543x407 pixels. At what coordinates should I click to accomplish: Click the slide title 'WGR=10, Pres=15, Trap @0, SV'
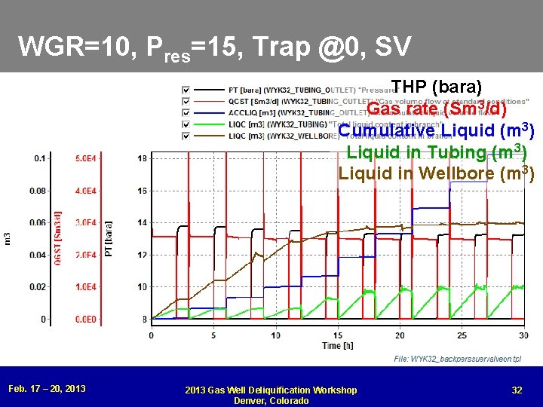215,47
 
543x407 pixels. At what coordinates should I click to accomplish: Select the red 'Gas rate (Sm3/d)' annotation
436,109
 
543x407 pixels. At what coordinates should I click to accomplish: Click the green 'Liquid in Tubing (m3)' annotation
436,151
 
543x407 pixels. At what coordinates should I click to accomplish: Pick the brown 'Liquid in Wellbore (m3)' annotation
436,173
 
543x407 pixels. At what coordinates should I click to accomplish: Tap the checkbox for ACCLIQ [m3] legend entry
186,113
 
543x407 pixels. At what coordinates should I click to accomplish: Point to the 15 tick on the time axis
338,335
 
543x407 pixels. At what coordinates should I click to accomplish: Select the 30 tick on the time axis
523,335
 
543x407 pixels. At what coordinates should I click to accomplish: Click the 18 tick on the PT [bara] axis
142,158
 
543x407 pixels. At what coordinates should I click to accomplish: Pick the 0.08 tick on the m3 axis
37,191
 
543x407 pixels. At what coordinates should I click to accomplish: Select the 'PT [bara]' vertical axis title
109,238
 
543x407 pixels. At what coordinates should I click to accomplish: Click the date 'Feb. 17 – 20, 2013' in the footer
47,389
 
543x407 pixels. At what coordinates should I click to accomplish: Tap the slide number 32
517,390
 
